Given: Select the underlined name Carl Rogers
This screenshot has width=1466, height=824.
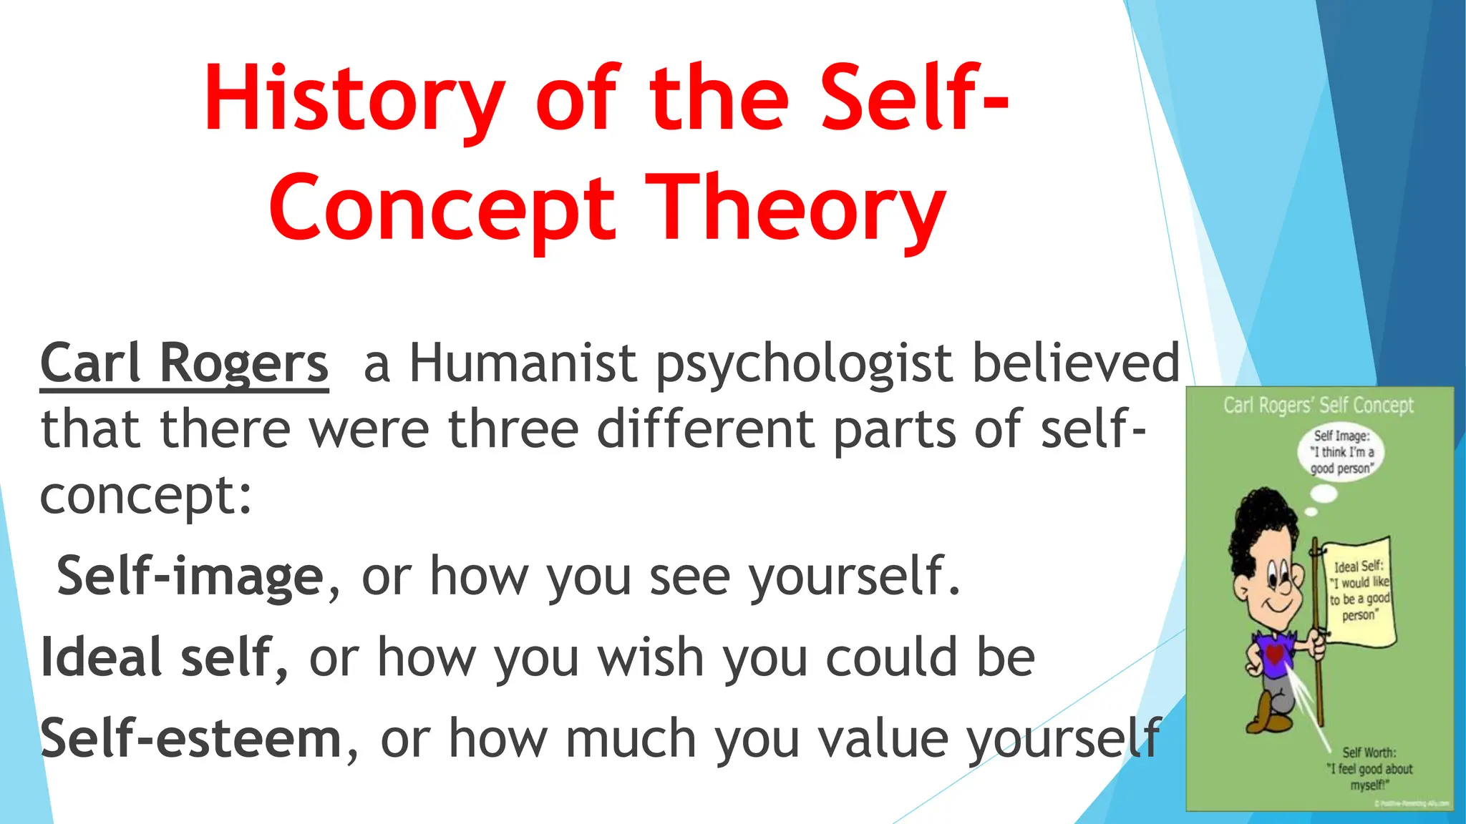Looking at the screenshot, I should click(184, 363).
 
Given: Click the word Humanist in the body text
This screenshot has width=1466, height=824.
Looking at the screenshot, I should click(523, 363).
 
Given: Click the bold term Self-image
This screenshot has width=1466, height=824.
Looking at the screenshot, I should click(190, 577).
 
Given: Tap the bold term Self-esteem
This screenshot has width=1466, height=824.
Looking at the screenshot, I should click(190, 739).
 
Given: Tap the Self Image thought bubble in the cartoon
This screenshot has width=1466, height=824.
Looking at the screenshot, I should click(1341, 452).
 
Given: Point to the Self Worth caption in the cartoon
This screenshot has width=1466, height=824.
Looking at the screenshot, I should click(1369, 769).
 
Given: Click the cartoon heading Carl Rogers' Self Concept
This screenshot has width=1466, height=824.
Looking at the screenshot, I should click(1319, 406).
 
